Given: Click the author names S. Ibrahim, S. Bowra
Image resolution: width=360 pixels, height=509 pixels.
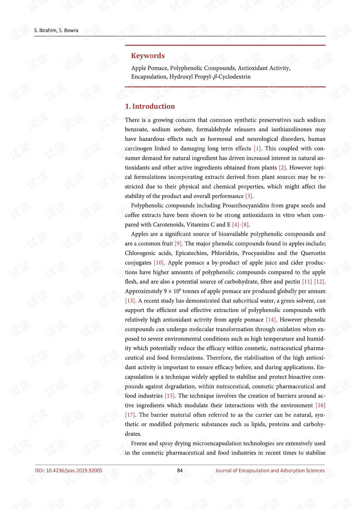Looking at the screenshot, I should (56, 30).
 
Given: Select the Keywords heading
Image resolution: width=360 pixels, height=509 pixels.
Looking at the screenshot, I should (148, 56).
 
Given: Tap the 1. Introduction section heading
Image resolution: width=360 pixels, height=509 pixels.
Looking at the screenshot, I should (150, 107).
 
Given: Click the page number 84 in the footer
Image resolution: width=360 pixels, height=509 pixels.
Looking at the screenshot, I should (180, 470).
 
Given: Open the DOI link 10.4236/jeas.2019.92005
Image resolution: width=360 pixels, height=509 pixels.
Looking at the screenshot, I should (69, 470).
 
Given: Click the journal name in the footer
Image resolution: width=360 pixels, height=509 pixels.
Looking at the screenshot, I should (270, 470).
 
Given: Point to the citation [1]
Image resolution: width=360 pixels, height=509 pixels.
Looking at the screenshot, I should (257, 149).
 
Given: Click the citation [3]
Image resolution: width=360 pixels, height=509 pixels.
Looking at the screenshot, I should (249, 196).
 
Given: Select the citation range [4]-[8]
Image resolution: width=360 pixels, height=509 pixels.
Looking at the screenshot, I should (240, 225).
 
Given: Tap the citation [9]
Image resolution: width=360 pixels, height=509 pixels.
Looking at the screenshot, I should (178, 243).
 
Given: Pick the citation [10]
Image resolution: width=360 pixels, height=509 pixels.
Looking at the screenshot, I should (159, 263).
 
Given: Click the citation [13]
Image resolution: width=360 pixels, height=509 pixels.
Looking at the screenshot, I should (130, 301).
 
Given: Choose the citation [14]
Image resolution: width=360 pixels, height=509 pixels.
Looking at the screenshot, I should (271, 320).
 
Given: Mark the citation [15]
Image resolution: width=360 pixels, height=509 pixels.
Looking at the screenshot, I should (169, 396).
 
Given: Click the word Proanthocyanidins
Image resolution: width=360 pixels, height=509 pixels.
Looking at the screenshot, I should (246, 206).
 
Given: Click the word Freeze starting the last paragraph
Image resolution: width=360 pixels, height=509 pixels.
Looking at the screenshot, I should (139, 443).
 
